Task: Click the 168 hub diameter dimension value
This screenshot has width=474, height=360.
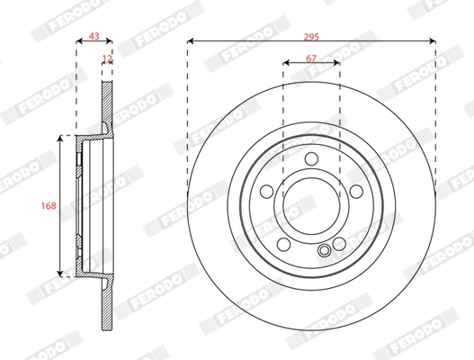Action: pos(49,206)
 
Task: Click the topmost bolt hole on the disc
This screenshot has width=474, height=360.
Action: pos(311,159)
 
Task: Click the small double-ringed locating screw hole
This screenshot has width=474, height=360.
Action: pos(325,251)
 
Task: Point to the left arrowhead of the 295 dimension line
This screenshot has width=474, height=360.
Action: pos(192,41)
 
